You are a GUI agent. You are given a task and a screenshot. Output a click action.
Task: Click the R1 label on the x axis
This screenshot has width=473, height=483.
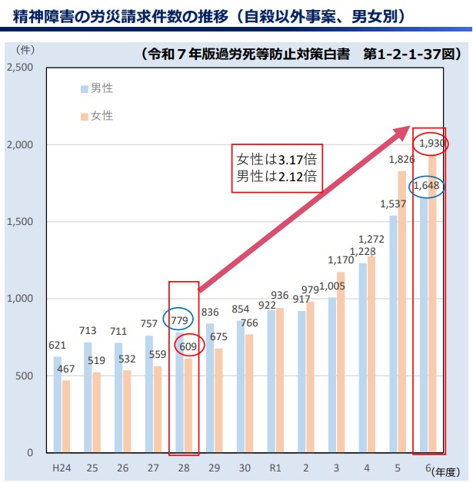[273, 467]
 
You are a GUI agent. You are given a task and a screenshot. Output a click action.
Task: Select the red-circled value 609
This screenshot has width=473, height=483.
[188, 347]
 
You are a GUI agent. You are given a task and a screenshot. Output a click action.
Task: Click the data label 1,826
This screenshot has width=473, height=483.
[402, 160]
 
